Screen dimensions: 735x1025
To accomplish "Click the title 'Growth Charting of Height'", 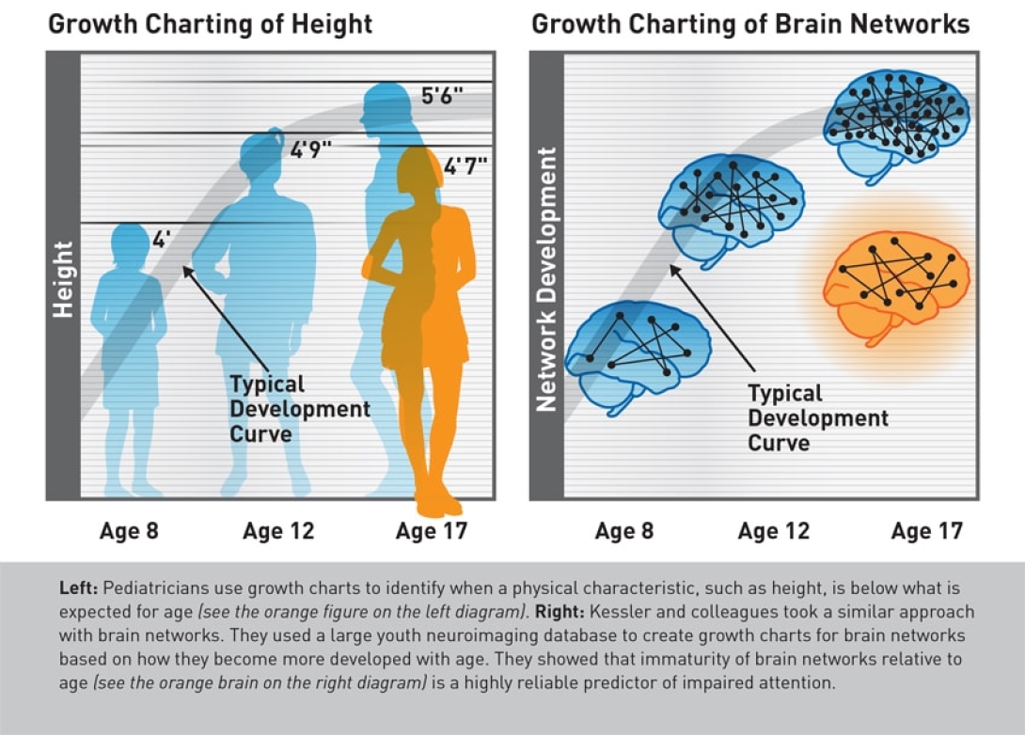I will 210,23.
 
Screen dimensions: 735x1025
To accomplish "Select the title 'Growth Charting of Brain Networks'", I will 750,23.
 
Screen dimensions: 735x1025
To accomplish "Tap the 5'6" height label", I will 442,96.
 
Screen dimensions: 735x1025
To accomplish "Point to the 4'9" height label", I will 310,149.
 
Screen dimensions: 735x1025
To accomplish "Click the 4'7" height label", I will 465,166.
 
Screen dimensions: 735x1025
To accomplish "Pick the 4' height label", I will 160,240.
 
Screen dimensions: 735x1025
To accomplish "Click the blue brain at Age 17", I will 893,122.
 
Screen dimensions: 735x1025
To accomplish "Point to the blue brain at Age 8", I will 637,352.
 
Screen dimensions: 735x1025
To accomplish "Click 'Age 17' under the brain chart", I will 926,531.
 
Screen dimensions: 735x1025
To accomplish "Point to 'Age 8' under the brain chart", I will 624,531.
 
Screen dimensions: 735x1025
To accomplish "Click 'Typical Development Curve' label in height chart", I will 287,409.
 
